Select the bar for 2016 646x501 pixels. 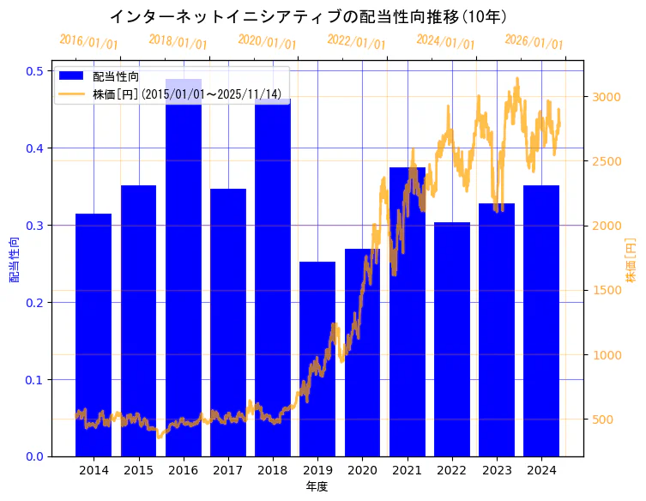click(x=184, y=275)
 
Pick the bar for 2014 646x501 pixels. click(x=94, y=335)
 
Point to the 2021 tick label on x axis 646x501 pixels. click(x=407, y=470)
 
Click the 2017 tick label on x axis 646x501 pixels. click(x=227, y=470)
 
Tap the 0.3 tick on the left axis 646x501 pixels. click(x=33, y=226)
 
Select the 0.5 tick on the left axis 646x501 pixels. click(x=33, y=71)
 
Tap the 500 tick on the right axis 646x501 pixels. click(x=604, y=420)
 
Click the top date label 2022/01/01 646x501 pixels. click(x=356, y=42)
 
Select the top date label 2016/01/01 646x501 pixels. click(x=88, y=42)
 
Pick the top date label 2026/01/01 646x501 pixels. click(x=534, y=42)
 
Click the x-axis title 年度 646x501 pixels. click(x=317, y=486)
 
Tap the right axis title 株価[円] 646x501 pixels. click(x=631, y=260)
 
